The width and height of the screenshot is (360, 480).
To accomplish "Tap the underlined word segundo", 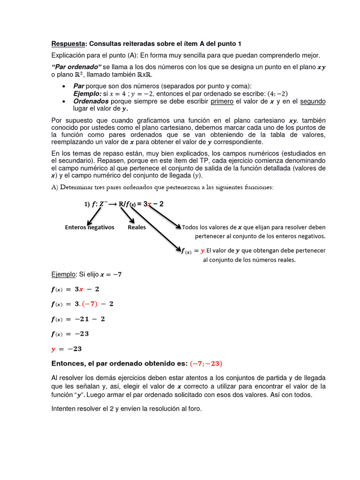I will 313,102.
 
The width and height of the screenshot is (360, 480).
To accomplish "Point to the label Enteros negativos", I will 90,227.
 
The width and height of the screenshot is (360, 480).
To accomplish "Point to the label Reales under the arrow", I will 137,227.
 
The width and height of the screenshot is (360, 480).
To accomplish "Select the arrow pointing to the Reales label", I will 127,215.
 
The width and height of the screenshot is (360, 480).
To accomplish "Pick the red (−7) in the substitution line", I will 90,304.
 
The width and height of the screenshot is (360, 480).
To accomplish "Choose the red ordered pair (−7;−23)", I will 206,364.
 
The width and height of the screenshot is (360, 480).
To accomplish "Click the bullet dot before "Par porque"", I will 63,87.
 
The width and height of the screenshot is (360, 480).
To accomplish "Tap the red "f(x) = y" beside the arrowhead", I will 193,251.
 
